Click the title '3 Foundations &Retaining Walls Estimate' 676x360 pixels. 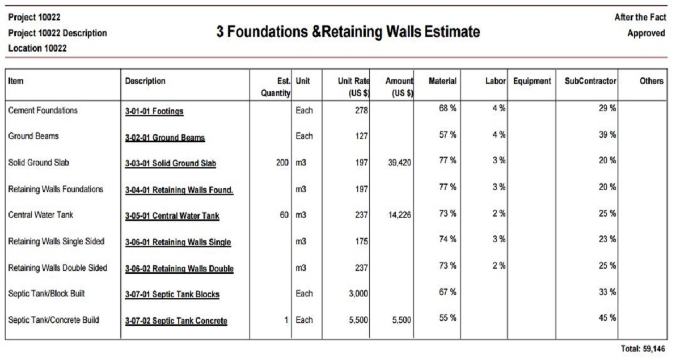(348, 32)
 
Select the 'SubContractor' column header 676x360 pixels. (590, 81)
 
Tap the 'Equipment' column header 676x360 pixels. (532, 81)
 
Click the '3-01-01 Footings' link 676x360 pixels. (154, 111)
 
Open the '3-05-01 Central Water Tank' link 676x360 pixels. (172, 215)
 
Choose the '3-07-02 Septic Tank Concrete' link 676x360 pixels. (176, 321)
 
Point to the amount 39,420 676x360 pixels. (399, 163)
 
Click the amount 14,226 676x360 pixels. (399, 215)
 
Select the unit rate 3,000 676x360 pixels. (358, 294)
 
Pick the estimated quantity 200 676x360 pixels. (282, 163)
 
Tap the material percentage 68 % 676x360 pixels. (447, 108)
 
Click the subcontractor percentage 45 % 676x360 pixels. (607, 317)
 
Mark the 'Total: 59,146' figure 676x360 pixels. (643, 348)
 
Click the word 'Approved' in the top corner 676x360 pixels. (647, 33)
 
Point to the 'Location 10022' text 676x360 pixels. (37, 48)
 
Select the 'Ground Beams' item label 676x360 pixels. (33, 136)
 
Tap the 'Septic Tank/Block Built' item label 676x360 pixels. (47, 294)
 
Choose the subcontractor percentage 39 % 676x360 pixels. (607, 134)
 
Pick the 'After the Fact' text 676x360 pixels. (640, 17)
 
